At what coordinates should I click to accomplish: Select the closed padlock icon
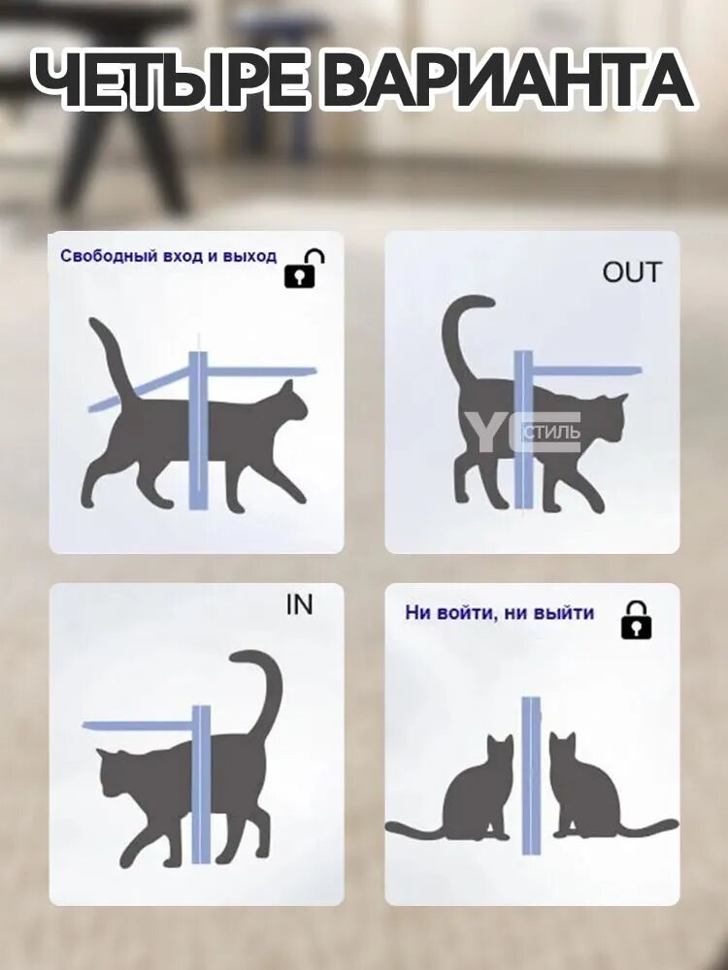(637, 620)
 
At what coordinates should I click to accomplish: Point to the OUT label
(632, 273)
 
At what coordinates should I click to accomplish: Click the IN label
(300, 604)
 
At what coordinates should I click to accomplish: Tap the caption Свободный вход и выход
(168, 255)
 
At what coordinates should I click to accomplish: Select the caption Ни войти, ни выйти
(500, 613)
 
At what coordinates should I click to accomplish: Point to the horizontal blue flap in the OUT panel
(586, 372)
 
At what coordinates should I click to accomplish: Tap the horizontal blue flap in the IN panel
(138, 726)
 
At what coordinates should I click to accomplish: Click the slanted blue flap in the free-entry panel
(139, 389)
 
